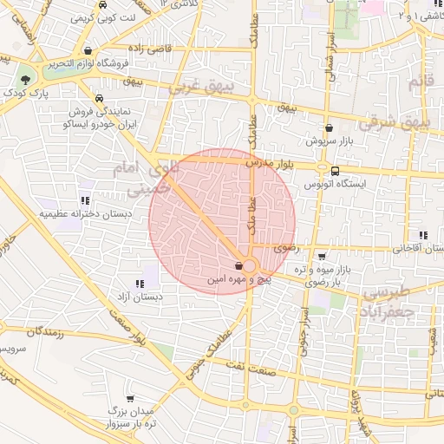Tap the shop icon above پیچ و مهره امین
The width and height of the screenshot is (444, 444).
[238, 266]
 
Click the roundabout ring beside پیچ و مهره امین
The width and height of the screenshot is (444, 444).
[250, 266]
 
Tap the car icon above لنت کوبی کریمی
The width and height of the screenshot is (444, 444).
[103, 3]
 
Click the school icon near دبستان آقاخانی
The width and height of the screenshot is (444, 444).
[423, 235]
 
